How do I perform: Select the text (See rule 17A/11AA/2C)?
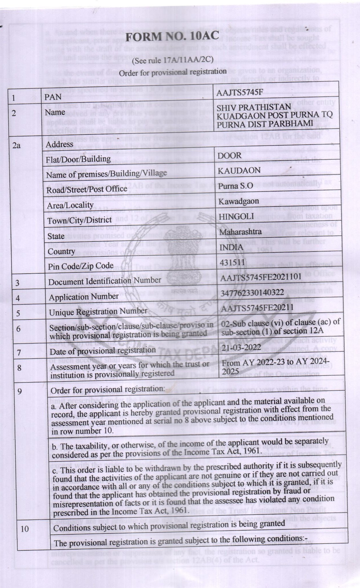173,60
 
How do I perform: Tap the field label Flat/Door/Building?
78,159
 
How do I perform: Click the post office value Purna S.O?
235,186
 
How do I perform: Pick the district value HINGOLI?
236,216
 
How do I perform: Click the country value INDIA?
231,247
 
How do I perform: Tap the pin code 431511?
232,262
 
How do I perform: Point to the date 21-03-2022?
241,347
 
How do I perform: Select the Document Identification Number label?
105,281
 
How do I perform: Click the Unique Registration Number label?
98,312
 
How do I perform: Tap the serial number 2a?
17,145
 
